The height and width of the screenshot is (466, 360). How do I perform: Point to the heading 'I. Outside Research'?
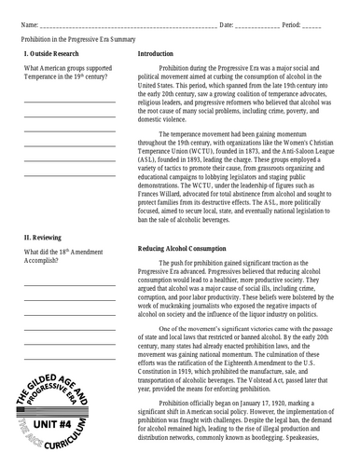(51, 55)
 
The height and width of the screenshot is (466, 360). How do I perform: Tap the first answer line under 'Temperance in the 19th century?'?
(69, 100)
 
